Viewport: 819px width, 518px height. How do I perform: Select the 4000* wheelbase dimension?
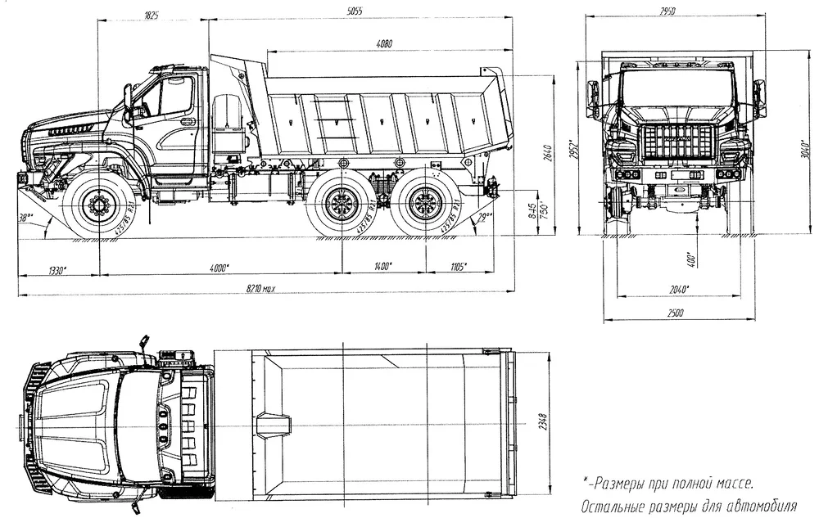pos(219,267)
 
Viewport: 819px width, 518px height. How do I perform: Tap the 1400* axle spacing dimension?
pos(382,267)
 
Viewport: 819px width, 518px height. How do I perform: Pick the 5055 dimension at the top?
pos(354,11)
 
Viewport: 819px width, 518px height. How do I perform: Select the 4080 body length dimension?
pos(383,43)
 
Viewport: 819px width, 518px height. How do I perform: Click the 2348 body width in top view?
pos(543,423)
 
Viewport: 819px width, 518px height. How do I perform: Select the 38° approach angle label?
pos(29,218)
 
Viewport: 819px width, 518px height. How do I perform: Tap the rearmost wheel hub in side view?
pos(425,204)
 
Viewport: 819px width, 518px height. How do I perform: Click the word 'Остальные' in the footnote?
pos(614,507)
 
